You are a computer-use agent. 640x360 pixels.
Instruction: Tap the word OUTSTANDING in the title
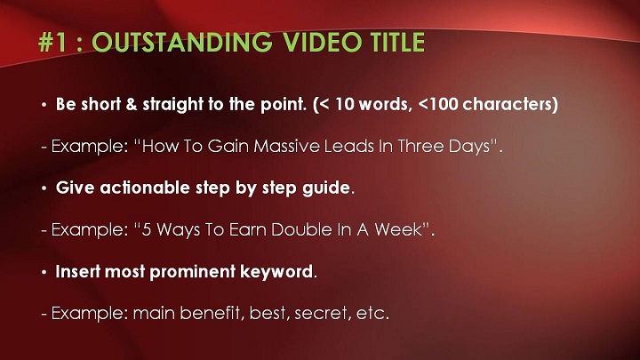[x=182, y=42]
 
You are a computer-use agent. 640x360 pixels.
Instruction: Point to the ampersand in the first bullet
[x=132, y=104]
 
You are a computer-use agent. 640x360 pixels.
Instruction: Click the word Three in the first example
[x=420, y=146]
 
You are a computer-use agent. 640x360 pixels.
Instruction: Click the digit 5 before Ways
[x=146, y=229]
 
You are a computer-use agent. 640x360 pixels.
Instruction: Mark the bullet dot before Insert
[x=44, y=272]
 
